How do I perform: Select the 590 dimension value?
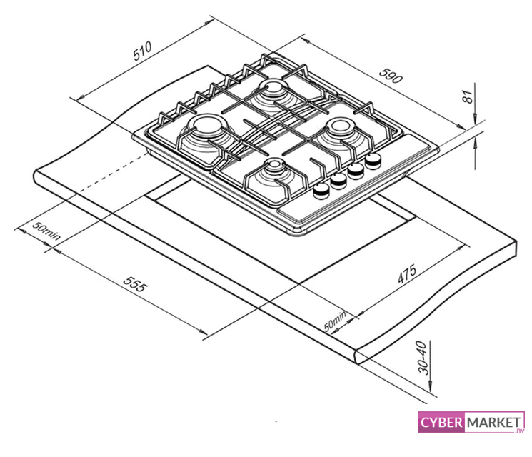391,74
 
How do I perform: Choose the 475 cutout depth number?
406,274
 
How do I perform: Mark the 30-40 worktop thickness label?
424,357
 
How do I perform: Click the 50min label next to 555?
46,231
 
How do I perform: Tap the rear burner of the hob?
273,90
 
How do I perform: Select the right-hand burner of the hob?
342,131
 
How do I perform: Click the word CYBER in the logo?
441,423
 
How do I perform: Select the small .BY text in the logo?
518,431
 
